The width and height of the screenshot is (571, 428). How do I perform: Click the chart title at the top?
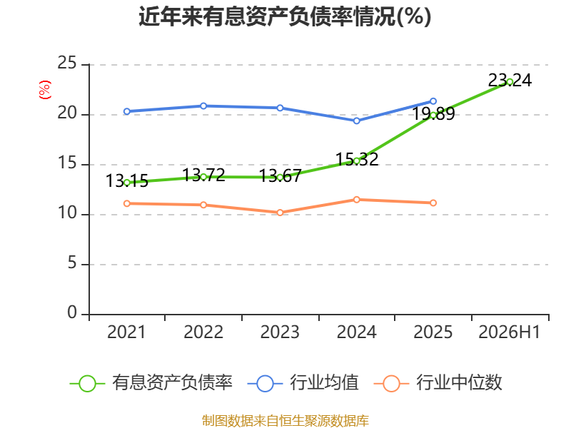click(x=285, y=16)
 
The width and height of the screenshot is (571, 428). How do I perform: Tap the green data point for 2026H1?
click(x=510, y=82)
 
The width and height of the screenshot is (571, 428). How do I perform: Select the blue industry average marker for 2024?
click(x=356, y=121)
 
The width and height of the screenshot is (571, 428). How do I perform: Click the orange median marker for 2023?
click(x=280, y=213)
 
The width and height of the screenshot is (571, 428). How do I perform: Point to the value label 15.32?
click(x=357, y=159)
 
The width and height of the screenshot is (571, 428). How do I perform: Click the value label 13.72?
click(x=203, y=175)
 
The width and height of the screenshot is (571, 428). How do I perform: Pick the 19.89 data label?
click(x=433, y=113)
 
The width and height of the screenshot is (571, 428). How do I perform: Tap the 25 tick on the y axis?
click(x=67, y=63)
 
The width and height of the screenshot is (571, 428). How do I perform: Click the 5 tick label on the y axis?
click(x=72, y=263)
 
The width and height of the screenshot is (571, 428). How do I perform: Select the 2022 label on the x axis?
click(x=203, y=332)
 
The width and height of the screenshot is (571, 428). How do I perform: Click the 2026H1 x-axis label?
click(x=509, y=332)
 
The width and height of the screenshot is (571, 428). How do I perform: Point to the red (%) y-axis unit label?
click(x=45, y=90)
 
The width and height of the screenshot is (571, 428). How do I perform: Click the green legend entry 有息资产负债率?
click(x=151, y=383)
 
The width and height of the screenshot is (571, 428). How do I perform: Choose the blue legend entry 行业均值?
click(x=303, y=383)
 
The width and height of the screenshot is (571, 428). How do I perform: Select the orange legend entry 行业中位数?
click(x=438, y=383)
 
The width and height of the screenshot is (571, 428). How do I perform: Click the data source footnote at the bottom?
click(x=285, y=421)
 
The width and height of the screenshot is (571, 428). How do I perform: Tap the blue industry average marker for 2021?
click(x=127, y=111)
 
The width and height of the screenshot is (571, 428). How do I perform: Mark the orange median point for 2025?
click(x=433, y=203)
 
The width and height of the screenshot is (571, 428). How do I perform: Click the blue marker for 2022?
click(x=203, y=106)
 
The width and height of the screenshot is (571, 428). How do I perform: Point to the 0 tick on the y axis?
click(x=72, y=312)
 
